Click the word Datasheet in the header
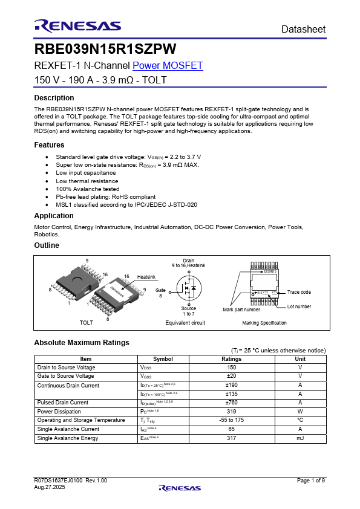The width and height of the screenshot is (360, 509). [304, 29]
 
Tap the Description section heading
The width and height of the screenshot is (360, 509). [54, 98]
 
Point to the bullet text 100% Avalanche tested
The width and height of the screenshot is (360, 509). [88, 189]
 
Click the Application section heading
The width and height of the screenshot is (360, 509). [54, 216]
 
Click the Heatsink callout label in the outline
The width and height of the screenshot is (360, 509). [146, 277]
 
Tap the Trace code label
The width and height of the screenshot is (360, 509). [299, 292]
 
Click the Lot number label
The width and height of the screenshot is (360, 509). [299, 306]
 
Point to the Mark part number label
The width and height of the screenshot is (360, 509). [241, 310]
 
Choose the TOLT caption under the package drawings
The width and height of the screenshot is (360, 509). [87, 323]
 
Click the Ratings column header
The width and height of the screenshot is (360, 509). [231, 359]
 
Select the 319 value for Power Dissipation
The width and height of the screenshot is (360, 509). [231, 411]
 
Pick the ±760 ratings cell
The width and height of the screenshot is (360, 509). [231, 403]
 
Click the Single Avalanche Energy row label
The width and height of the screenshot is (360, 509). [68, 438]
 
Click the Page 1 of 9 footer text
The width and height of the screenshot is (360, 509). [311, 481]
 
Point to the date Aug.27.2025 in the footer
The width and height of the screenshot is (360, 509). [50, 487]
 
